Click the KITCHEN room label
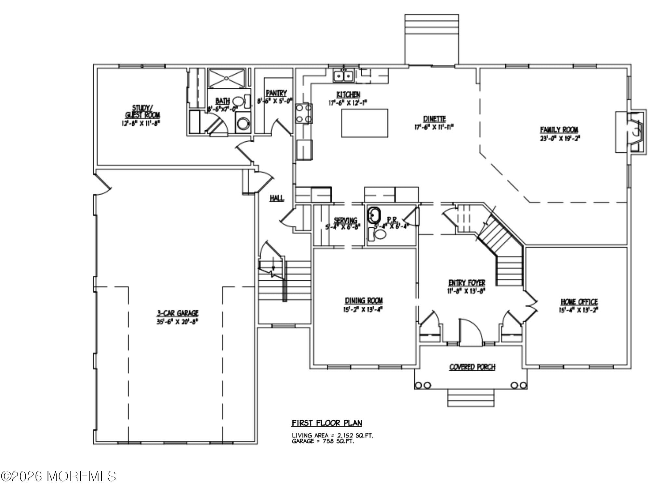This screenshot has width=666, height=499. (348, 95)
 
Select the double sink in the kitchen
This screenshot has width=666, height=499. (343, 76)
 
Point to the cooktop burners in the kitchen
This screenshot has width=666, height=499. (304, 113)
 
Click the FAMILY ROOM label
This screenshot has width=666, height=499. (559, 130)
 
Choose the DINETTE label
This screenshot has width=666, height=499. (434, 119)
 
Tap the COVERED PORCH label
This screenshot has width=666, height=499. (472, 367)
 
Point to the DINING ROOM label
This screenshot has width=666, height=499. (364, 301)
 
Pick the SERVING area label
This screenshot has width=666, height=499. (345, 221)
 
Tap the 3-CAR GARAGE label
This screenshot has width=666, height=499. (178, 313)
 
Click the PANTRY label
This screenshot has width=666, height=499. (276, 93)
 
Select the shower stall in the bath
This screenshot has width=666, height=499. (226, 78)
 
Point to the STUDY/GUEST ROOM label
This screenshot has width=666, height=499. (142, 111)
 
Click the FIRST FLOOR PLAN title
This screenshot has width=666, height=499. (326, 423)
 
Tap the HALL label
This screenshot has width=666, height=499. (277, 198)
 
